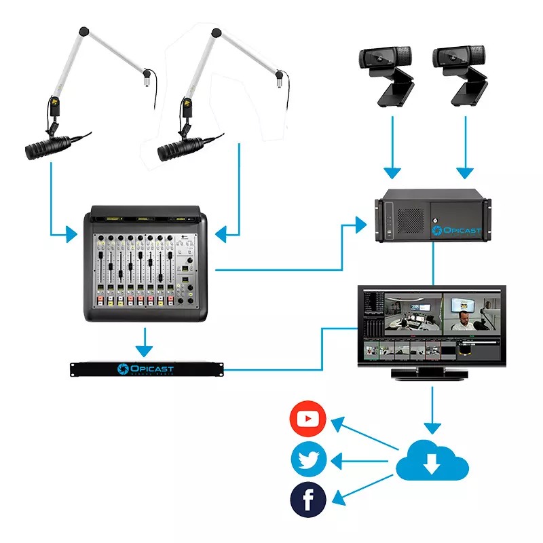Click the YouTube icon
(x=308, y=420)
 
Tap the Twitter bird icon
(x=308, y=460)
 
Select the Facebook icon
(x=308, y=501)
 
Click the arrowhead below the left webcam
(x=392, y=170)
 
